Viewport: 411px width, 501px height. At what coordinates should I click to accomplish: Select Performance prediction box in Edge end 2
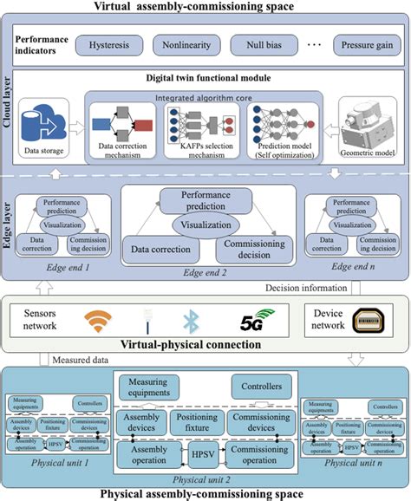(x=205, y=202)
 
